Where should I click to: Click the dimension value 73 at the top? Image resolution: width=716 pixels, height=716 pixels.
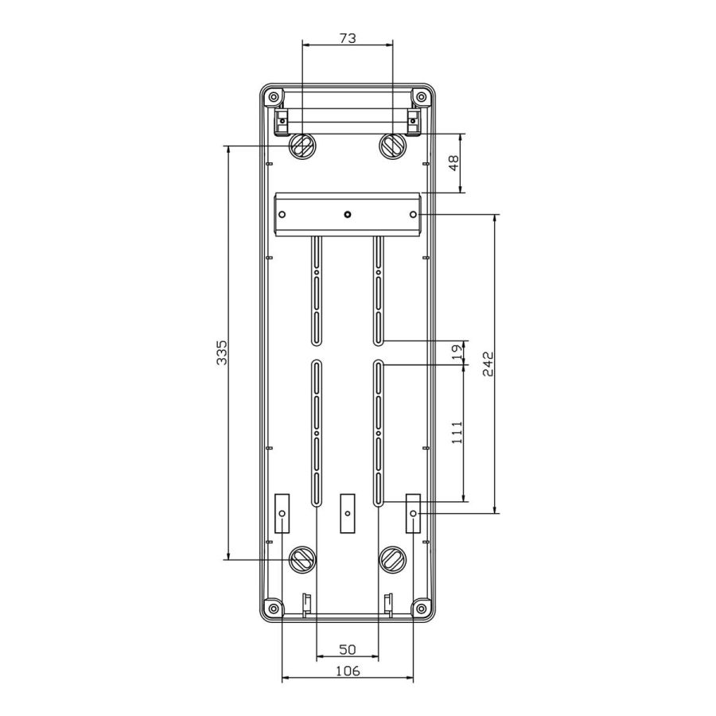(x=348, y=38)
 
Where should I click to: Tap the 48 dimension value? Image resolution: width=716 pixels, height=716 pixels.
(x=454, y=163)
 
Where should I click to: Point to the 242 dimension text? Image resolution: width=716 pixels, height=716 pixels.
(x=488, y=364)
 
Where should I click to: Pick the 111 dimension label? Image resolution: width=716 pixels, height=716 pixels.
(x=457, y=433)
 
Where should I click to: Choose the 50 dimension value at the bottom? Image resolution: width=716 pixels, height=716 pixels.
(x=348, y=649)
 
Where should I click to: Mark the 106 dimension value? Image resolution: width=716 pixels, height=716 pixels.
(x=348, y=671)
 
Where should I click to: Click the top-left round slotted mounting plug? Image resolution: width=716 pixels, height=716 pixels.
(x=302, y=147)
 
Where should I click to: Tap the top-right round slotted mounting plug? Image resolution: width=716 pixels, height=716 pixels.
(x=393, y=147)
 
